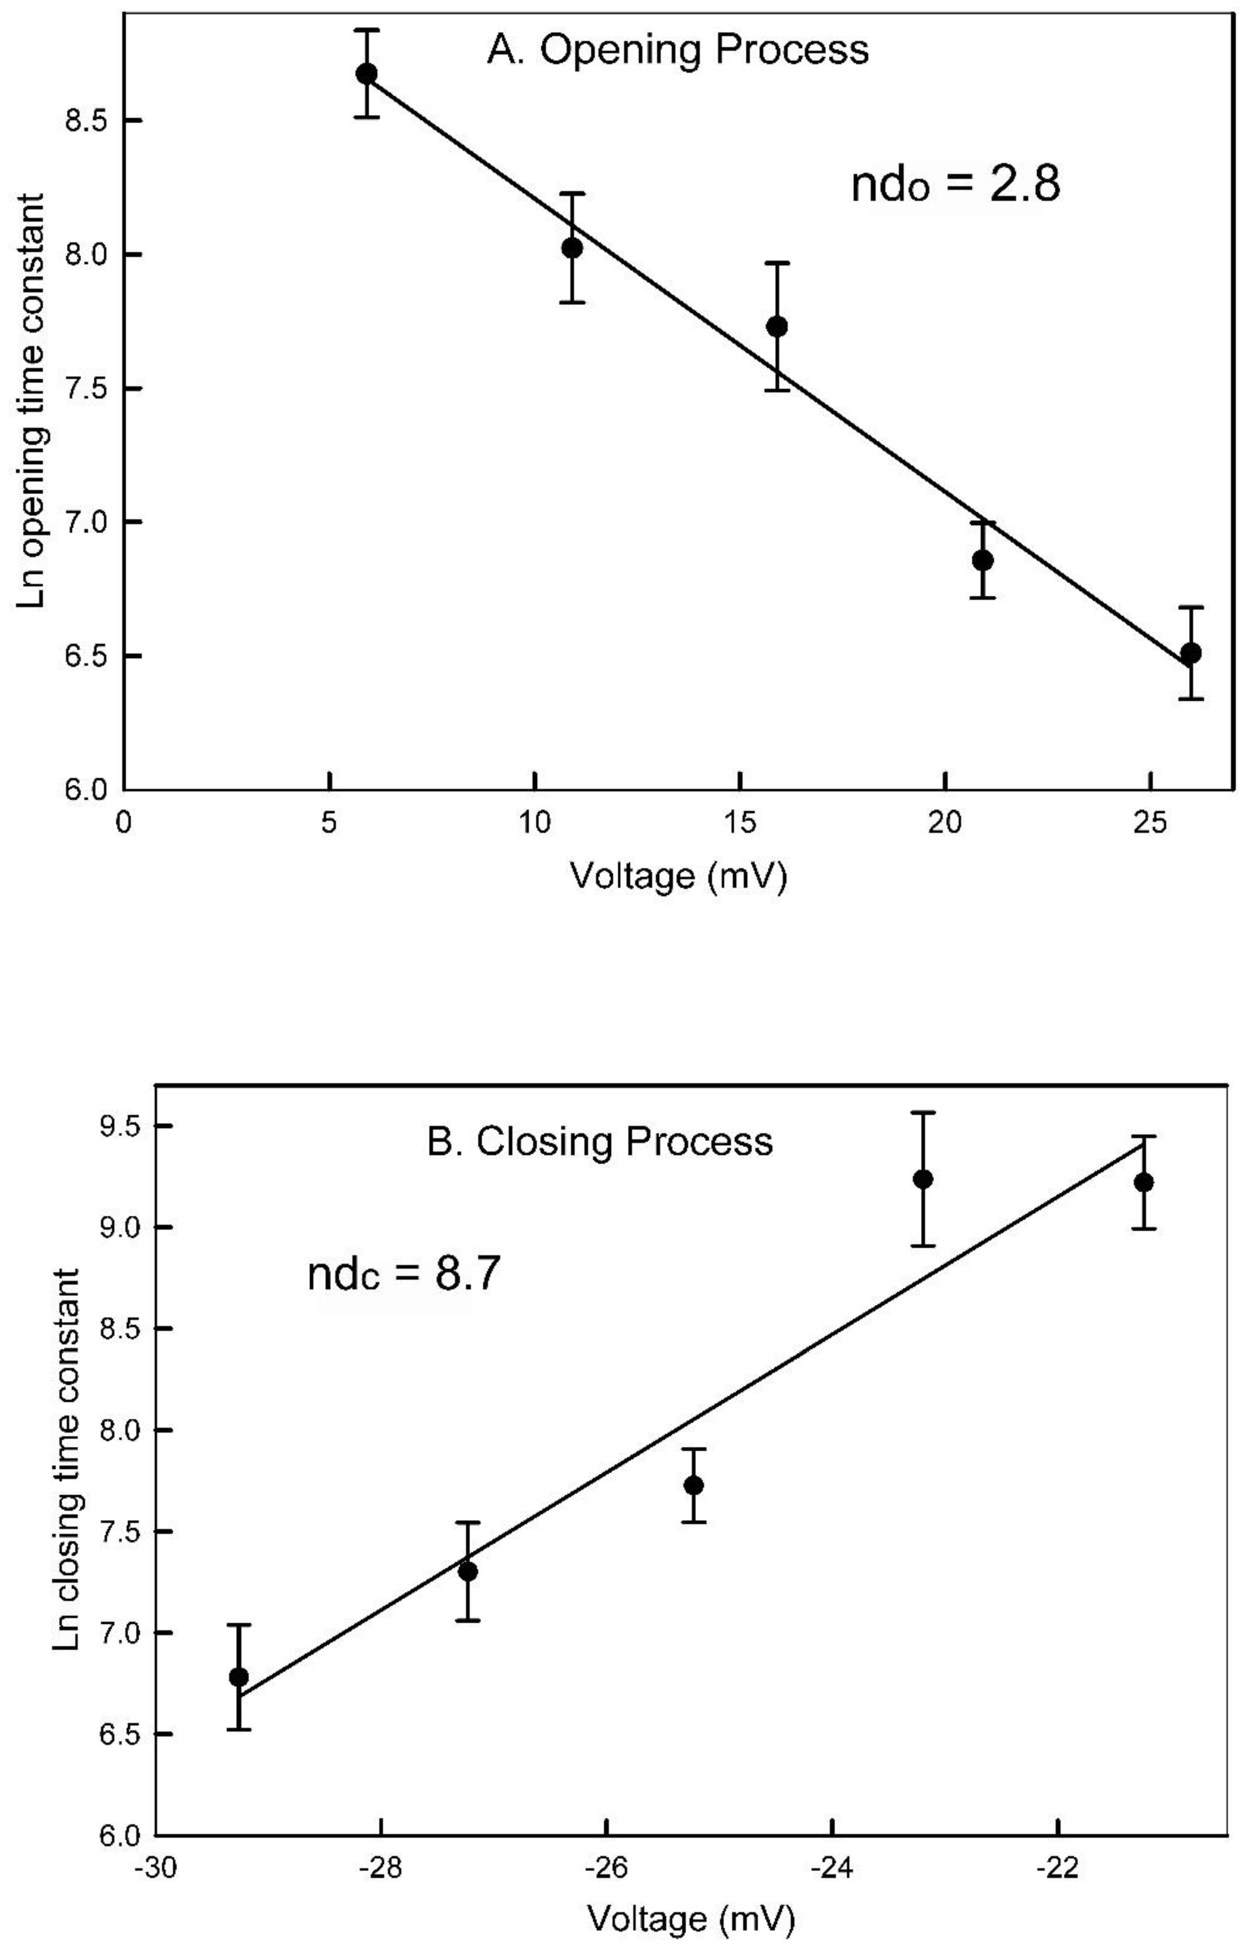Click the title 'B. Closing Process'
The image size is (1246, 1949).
click(599, 1142)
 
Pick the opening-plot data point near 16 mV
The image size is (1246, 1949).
click(776, 326)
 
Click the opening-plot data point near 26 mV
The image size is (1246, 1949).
click(1190, 653)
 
